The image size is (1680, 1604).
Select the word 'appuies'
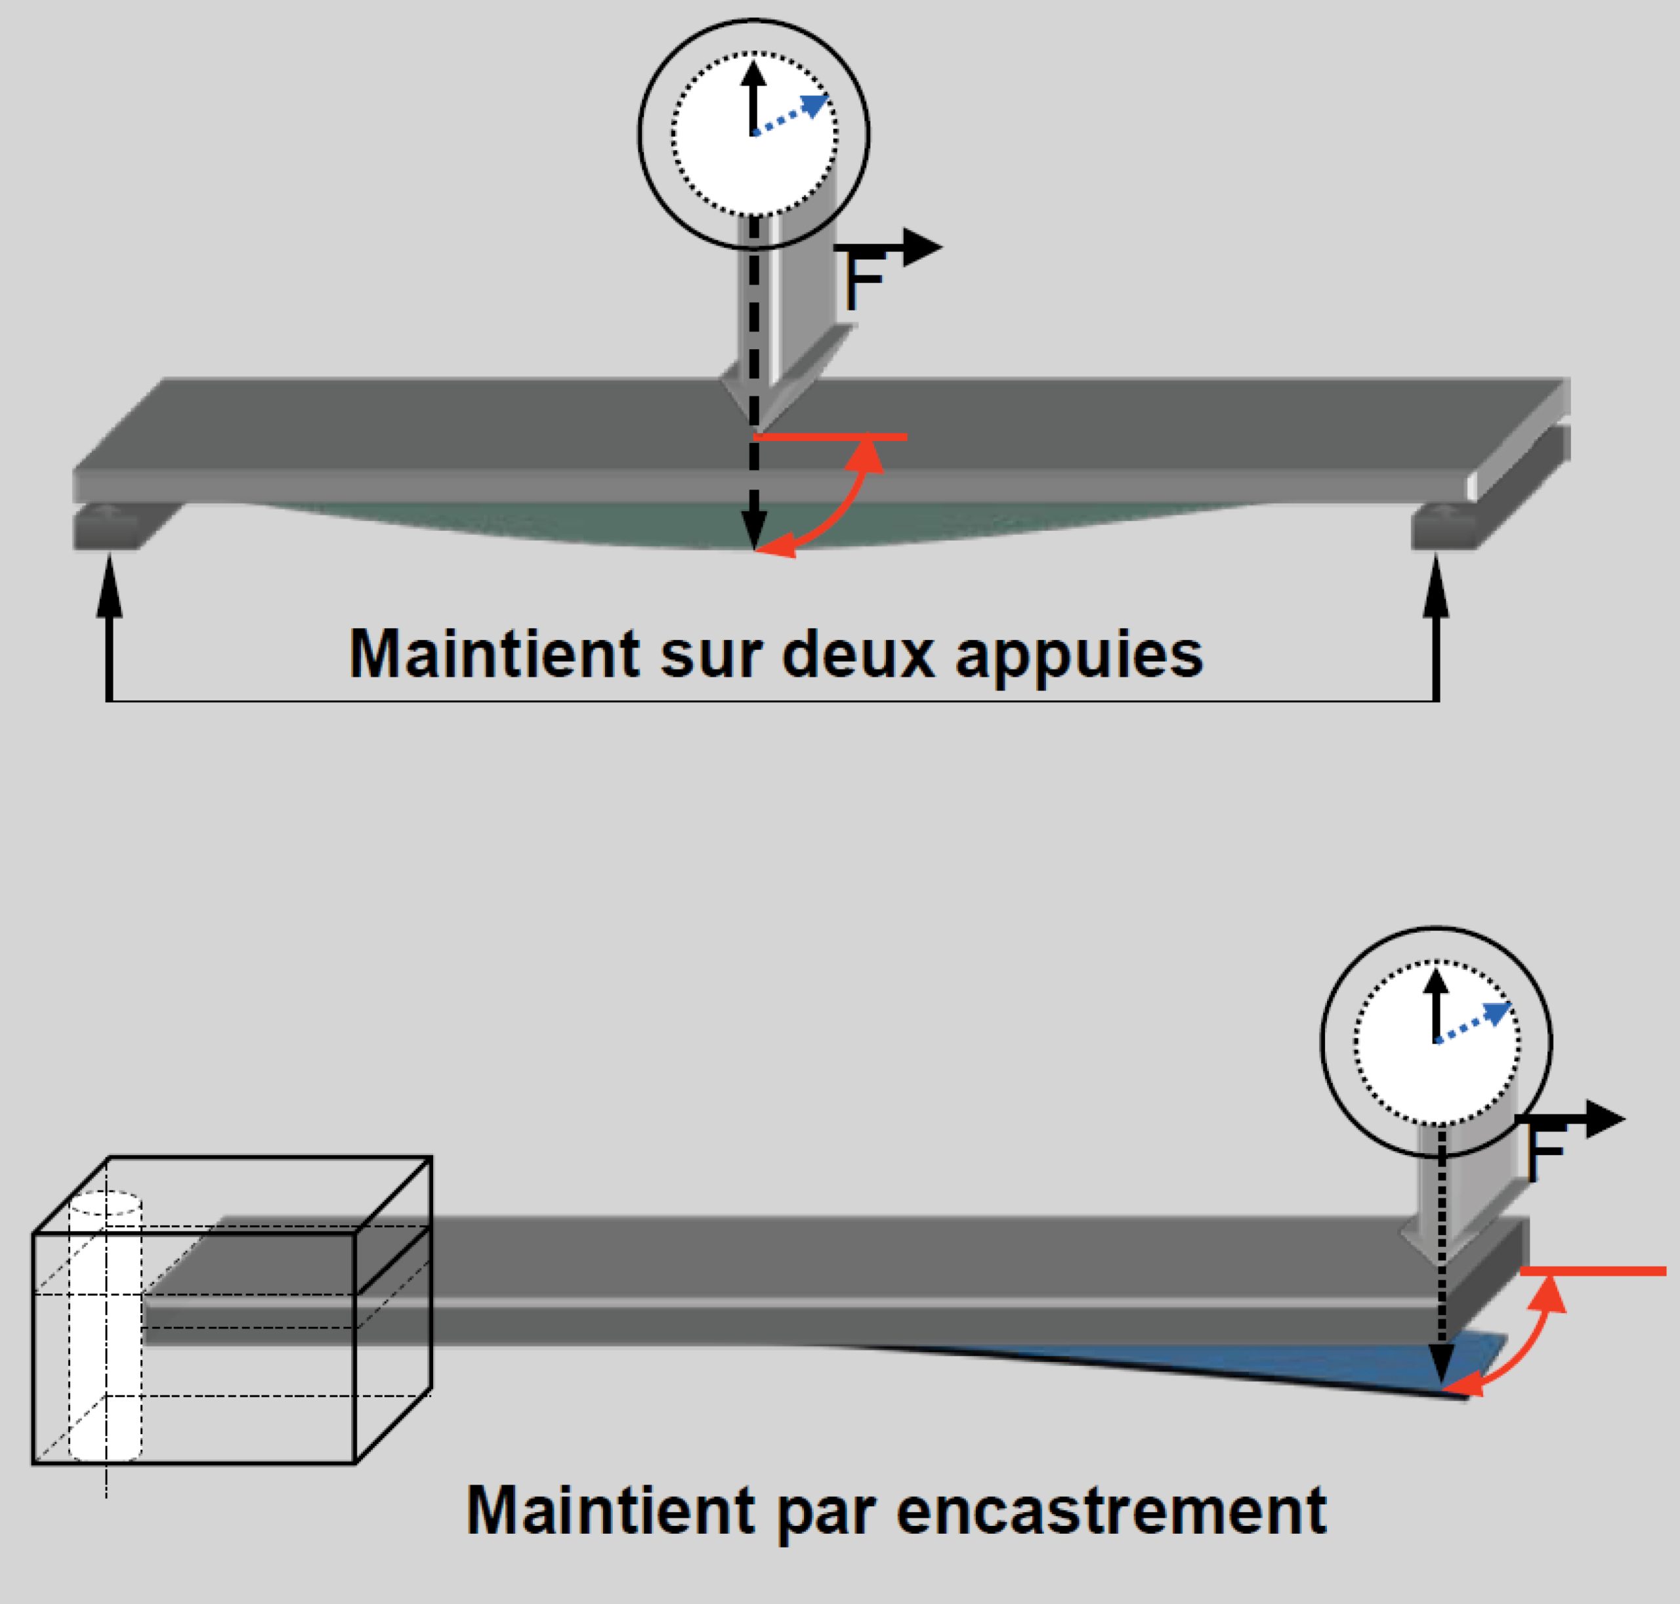[1079, 659]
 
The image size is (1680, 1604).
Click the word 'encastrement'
[1112, 1510]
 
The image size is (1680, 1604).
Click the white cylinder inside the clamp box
[105, 1325]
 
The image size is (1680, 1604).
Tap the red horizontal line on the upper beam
[829, 437]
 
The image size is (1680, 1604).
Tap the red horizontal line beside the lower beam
[1593, 1271]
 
